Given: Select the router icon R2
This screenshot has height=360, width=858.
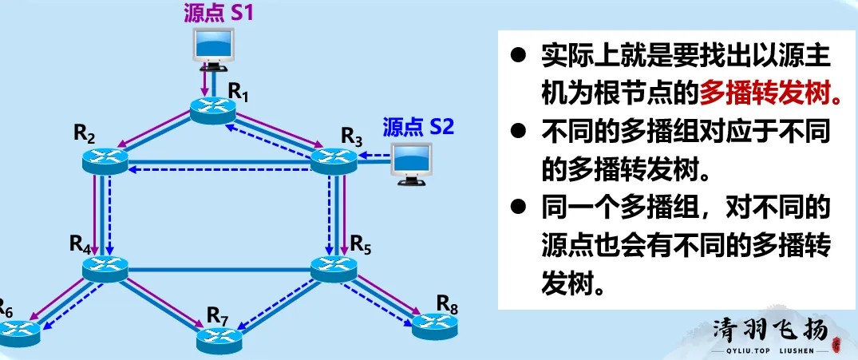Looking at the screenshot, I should [x=105, y=160].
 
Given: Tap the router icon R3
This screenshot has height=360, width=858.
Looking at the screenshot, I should [x=333, y=160].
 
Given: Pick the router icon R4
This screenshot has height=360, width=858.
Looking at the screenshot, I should [x=105, y=267].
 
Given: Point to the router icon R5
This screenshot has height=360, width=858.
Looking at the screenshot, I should [x=333, y=268].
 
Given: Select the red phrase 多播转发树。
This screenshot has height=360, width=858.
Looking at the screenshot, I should [x=770, y=95].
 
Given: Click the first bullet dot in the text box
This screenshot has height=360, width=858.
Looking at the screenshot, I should [x=520, y=57].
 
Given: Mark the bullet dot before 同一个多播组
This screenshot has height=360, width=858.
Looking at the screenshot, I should [x=520, y=207].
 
